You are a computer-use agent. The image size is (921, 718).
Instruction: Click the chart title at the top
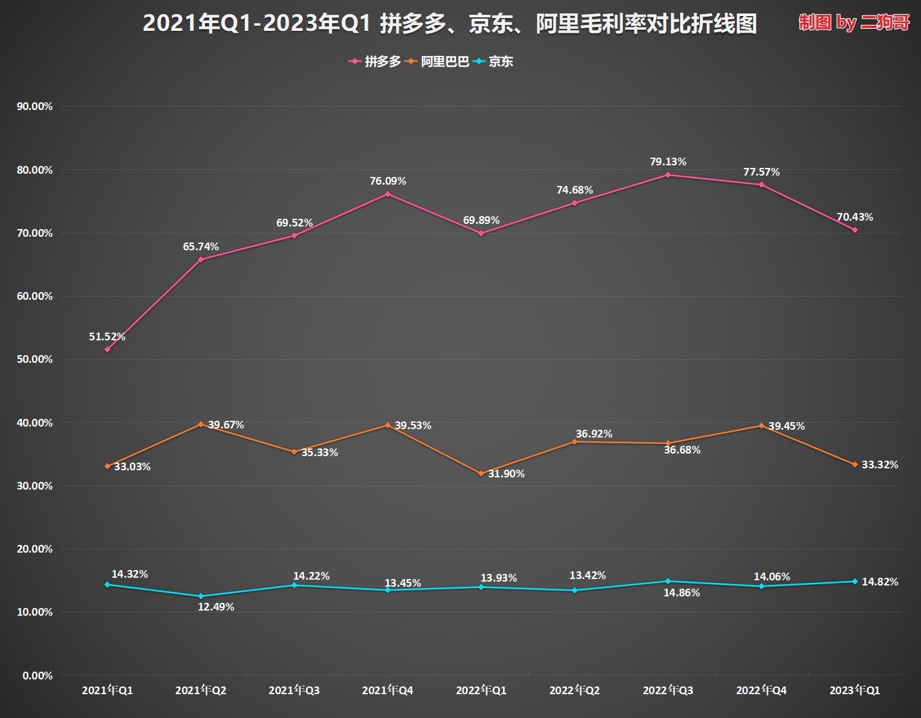point(449,24)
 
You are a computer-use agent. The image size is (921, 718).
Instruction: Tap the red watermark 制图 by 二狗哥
point(854,23)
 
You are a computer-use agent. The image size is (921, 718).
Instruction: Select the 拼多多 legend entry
point(375,62)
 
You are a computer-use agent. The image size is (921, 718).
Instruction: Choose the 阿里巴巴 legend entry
point(438,62)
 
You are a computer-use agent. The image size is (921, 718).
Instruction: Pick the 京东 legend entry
point(494,62)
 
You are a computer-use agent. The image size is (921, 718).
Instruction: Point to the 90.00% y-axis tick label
point(35,106)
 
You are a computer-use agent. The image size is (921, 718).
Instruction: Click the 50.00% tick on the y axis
point(35,359)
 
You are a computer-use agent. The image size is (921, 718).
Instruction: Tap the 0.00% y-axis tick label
point(37,676)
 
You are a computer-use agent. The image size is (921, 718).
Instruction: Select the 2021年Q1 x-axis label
point(108,690)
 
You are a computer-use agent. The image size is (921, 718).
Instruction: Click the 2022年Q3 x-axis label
point(668,690)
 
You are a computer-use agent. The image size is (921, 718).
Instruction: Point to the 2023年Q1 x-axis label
point(855,690)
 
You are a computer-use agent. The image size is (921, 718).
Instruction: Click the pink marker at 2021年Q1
point(108,349)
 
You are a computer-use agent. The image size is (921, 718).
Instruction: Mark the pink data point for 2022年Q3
point(668,174)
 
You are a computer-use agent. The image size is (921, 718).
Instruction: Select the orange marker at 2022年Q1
point(481,474)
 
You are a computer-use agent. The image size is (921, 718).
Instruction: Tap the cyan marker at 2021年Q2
point(201,596)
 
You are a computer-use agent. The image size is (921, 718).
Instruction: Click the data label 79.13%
point(668,161)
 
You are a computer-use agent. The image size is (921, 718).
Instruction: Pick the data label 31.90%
point(506,474)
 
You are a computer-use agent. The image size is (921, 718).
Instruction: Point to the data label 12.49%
point(216,607)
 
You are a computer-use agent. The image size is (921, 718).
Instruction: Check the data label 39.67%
point(226,425)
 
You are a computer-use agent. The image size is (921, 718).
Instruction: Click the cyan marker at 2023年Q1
point(855,582)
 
